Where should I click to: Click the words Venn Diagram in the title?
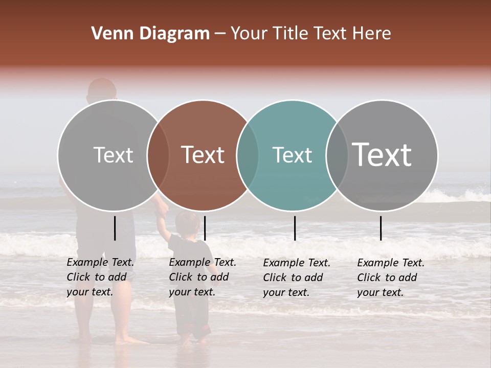click(150, 34)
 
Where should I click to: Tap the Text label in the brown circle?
click(203, 155)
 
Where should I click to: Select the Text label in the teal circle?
click(292, 155)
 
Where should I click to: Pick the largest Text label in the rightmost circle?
click(382, 154)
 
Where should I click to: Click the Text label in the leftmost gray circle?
click(113, 155)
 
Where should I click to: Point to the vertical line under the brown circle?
click(205, 228)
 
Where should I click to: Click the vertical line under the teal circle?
click(295, 228)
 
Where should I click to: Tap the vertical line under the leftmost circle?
click(115, 228)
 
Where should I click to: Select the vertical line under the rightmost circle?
click(381, 228)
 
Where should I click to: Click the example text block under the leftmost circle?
click(100, 277)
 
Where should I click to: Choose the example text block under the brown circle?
click(203, 277)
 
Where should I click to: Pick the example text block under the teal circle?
click(297, 278)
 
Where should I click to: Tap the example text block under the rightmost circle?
click(391, 278)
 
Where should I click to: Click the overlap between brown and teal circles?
click(248, 155)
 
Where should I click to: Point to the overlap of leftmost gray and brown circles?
click(158, 155)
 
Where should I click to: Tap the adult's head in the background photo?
click(102, 89)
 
